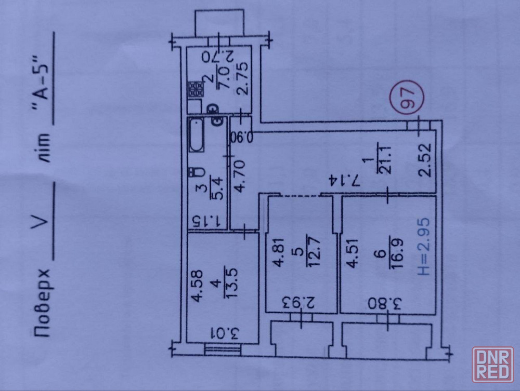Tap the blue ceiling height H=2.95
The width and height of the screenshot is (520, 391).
(424, 246)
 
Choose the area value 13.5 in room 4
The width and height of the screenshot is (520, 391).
(229, 282)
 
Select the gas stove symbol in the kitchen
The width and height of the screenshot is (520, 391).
(196, 90)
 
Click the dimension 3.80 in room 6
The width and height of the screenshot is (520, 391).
(385, 304)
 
